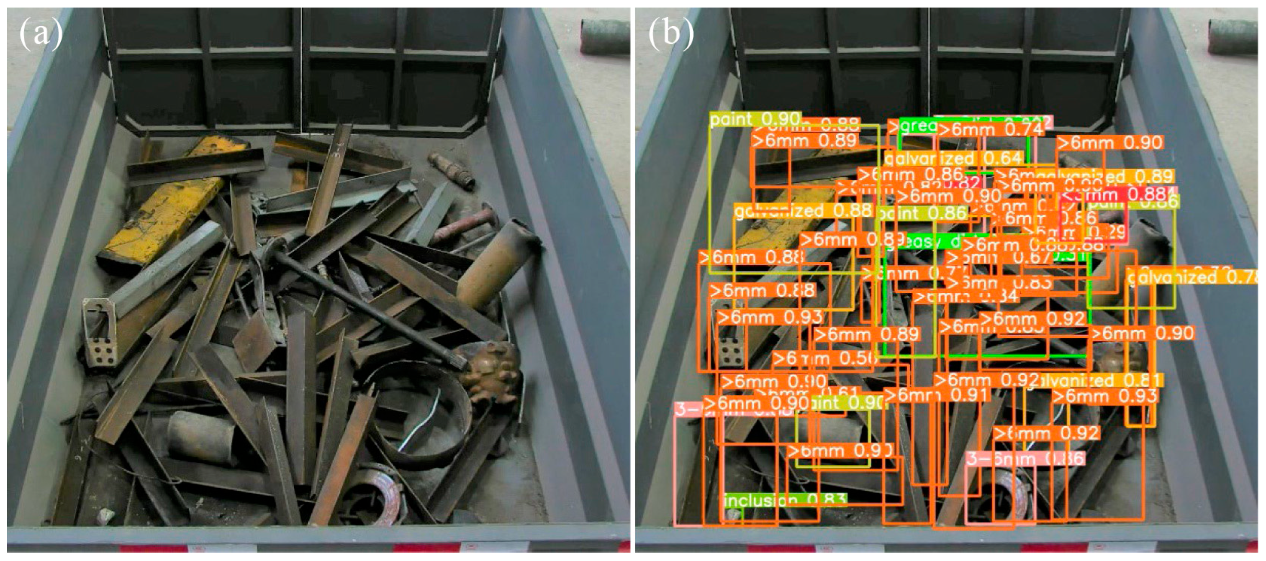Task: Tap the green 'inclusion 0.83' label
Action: pos(785,500)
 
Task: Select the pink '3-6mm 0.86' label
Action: pos(1025,459)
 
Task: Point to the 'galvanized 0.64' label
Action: pos(953,159)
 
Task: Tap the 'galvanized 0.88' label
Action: pos(803,211)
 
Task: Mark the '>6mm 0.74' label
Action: pos(990,129)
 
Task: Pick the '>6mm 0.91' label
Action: pos(936,395)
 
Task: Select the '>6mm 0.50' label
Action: pos(824,359)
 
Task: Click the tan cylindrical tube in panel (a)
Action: pos(496,265)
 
